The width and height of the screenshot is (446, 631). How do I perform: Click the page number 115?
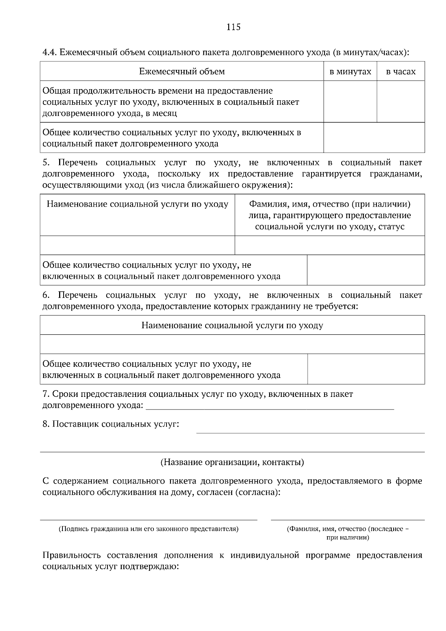[x=233, y=27]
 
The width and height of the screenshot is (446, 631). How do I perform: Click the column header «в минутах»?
[x=350, y=71]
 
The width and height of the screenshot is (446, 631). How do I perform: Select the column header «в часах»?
[x=401, y=71]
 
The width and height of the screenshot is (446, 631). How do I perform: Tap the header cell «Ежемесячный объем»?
[x=182, y=71]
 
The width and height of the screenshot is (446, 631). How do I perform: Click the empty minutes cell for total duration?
[x=350, y=102]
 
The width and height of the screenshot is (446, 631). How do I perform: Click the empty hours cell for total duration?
[x=401, y=102]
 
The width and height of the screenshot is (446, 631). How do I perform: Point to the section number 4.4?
[x=49, y=52]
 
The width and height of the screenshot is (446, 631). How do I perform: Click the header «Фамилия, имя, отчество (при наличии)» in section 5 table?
[x=329, y=204]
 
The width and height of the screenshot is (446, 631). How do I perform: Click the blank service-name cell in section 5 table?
[x=137, y=245]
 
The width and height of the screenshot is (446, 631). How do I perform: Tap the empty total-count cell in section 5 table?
[x=366, y=270]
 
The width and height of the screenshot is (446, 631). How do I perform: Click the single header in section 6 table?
[x=232, y=326]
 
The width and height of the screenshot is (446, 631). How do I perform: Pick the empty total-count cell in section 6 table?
[x=366, y=369]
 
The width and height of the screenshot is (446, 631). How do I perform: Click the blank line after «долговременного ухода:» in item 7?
[x=270, y=405]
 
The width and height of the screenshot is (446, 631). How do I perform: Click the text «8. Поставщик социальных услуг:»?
[x=110, y=424]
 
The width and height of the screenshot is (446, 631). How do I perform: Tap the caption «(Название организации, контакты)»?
[x=232, y=462]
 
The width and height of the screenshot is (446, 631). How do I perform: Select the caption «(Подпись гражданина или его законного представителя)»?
[x=148, y=529]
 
